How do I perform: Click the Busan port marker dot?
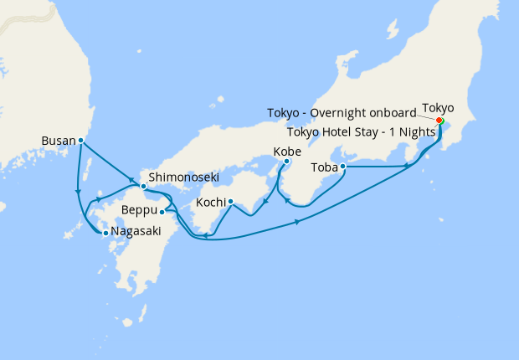coord(80,141)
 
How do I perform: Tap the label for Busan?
coord(57,141)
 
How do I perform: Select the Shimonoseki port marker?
coord(144,185)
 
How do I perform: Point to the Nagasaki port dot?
coord(105,234)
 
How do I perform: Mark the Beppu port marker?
coord(162,213)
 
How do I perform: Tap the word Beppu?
coord(139,209)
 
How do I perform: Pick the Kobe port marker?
coord(286,161)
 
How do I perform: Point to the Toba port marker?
coord(343,167)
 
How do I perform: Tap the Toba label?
coord(325,167)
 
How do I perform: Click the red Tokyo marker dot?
coord(439,120)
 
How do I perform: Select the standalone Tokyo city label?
coord(438,108)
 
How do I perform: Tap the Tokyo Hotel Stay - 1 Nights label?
coord(361,131)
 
